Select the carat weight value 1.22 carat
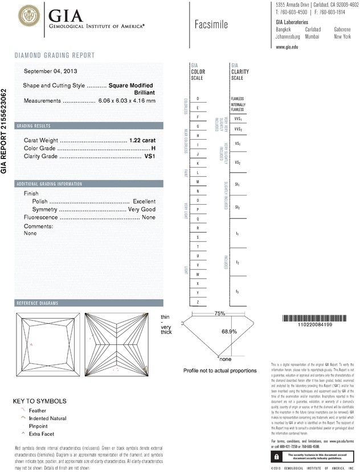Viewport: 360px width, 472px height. click(x=142, y=140)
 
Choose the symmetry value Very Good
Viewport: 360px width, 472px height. click(x=141, y=210)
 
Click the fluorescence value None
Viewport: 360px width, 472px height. click(x=149, y=218)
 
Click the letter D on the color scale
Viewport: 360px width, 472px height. click(x=197, y=99)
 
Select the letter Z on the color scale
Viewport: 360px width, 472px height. click(x=197, y=302)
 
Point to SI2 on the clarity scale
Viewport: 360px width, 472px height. click(x=237, y=207)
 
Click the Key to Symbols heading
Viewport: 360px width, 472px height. click(x=40, y=401)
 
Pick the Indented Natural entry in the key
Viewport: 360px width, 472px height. click(x=44, y=418)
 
